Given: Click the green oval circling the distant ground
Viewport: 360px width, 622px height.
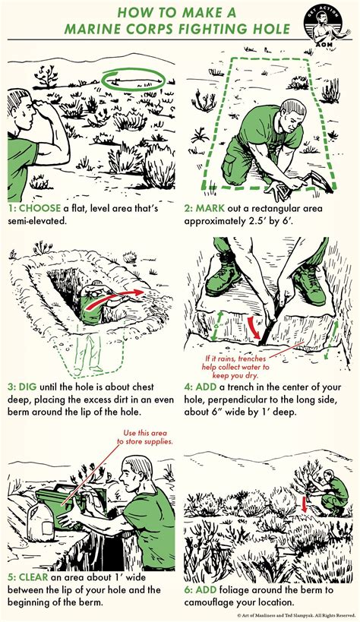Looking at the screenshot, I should (134, 79).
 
